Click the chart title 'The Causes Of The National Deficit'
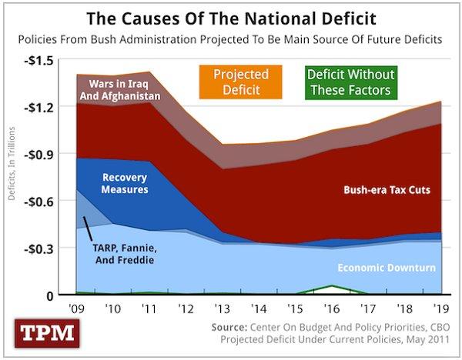pyautogui.click(x=231, y=16)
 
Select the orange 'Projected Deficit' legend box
pyautogui.click(x=240, y=82)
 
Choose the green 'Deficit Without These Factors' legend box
pyautogui.click(x=350, y=82)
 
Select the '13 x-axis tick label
pyautogui.click(x=223, y=309)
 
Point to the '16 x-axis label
pyautogui.click(x=331, y=309)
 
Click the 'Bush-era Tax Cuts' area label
pyautogui.click(x=385, y=189)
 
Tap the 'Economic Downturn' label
pyautogui.click(x=387, y=268)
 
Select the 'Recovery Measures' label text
pyautogui.click(x=125, y=182)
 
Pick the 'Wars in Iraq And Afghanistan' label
pyautogui.click(x=124, y=89)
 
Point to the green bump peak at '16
pyautogui.click(x=331, y=286)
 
